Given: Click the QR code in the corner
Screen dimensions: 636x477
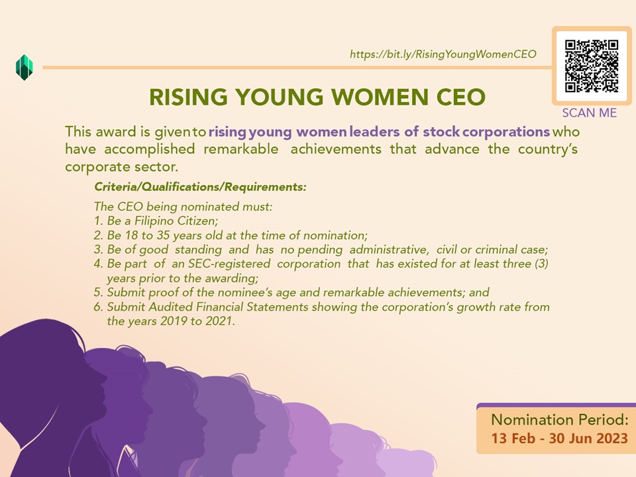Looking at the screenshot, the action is pos(592,66).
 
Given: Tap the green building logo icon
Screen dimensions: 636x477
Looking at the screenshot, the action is pos(25,68).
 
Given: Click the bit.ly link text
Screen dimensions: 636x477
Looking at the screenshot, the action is pos(443,54).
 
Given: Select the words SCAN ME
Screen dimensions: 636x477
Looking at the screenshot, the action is pos(590,113).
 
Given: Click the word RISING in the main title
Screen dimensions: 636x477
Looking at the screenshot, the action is pos(188,97).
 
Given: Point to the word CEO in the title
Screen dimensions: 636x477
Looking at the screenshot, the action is pos(461,97).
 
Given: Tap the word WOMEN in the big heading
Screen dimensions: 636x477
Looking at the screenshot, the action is pos(380,97).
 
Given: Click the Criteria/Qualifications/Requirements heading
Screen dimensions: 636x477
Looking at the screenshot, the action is pos(200,187).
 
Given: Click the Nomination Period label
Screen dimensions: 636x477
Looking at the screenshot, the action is pos(560,420).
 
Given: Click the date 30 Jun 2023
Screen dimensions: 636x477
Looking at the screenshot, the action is pos(588,439).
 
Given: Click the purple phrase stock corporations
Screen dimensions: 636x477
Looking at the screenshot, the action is pos(486,132).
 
